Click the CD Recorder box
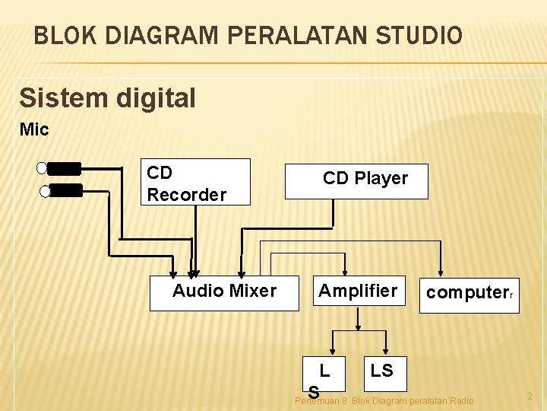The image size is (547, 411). coord(198,182)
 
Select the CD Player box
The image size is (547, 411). coord(356,181)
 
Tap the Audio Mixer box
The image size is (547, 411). coord(224,293)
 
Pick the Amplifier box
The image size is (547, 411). coord(358,292)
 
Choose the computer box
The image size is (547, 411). coord(469,295)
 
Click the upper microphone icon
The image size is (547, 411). coord(59,168)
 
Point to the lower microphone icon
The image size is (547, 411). coord(61,191)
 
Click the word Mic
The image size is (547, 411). coord(34,129)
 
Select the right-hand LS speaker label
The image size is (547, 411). coord(381,371)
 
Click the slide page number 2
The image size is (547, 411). coord(530,397)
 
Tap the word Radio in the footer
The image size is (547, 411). coord(460,400)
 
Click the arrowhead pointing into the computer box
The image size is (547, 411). coord(441,273)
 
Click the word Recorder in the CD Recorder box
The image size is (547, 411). coord(187,195)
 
